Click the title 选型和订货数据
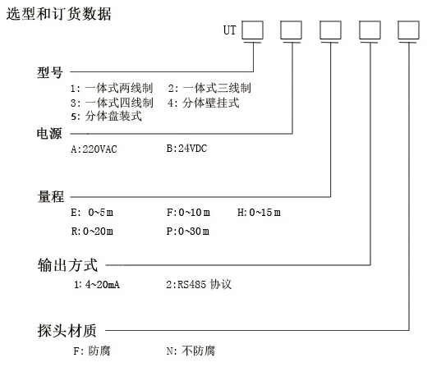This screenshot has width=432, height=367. (58, 14)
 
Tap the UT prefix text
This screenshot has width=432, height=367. (229, 30)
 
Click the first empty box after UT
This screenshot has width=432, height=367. (253, 30)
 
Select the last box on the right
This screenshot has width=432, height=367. (409, 30)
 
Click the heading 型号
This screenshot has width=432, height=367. (50, 72)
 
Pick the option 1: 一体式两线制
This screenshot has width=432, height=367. (112, 88)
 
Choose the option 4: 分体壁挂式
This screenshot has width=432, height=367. (204, 103)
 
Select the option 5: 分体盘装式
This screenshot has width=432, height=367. (106, 116)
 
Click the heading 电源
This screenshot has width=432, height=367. (49, 134)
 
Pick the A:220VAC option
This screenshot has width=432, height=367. (94, 149)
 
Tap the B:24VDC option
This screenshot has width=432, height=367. (186, 149)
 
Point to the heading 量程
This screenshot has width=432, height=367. (51, 196)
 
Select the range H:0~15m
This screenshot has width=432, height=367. (259, 213)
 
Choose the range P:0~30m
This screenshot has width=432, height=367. (188, 232)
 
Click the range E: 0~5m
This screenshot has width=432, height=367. (92, 213)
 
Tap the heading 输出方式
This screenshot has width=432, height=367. (68, 265)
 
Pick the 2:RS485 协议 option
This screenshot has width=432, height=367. (199, 284)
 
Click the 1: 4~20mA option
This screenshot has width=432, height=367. (97, 284)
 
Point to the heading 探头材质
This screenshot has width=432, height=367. (67, 330)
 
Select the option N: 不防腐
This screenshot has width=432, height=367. (191, 351)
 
